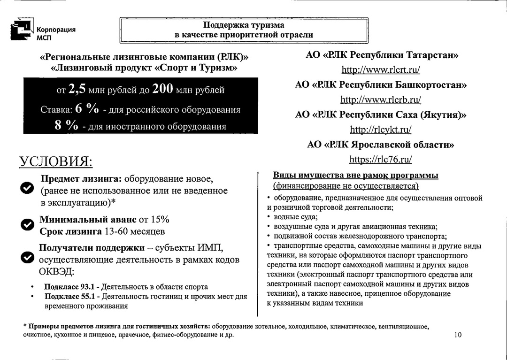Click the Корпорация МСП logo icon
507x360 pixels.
(x=22, y=30)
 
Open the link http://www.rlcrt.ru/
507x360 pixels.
(x=381, y=70)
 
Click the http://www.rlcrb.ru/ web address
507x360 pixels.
(x=381, y=100)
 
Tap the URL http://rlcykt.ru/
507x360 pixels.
(x=381, y=130)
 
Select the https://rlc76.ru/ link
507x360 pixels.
(x=381, y=160)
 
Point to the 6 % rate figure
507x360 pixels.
(x=87, y=109)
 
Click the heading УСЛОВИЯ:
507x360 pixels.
(x=55, y=162)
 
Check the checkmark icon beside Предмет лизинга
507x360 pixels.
(x=27, y=188)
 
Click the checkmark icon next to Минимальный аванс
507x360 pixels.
(x=27, y=225)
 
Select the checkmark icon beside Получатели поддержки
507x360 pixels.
(x=27, y=258)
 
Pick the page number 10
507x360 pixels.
(x=458, y=335)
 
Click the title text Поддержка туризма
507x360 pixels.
(x=244, y=25)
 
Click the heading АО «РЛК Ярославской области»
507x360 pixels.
(x=381, y=145)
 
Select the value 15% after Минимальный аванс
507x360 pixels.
(x=160, y=220)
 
